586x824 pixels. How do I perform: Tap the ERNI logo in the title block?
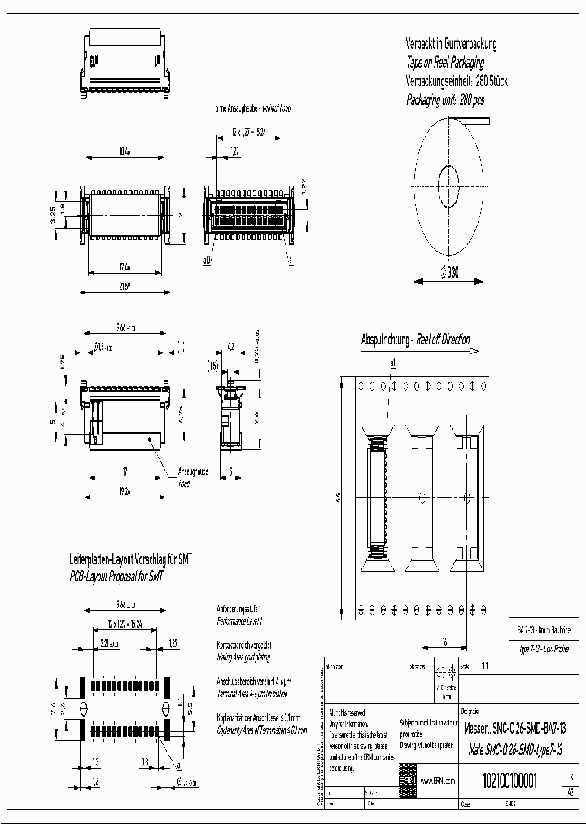(405, 780)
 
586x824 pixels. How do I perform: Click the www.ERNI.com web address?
(438, 781)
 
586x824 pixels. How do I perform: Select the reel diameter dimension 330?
(450, 274)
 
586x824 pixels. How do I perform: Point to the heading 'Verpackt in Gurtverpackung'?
(451, 44)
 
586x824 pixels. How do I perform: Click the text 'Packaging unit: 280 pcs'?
(444, 100)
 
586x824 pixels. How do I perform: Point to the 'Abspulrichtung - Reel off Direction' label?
(415, 340)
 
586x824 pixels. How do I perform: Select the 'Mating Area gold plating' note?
(243, 656)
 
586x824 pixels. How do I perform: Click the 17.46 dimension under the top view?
(124, 266)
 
